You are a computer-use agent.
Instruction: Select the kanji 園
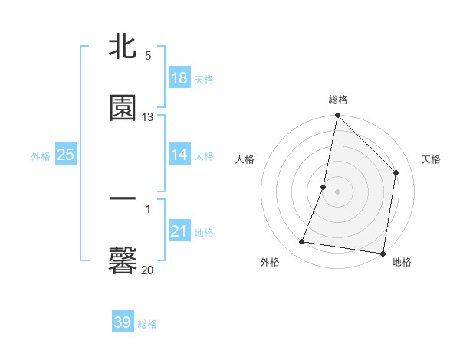123,107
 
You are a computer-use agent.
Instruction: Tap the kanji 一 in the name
123,199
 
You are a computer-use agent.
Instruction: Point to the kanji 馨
123,260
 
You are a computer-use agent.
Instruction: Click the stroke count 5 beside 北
148,56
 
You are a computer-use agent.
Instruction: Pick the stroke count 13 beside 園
148,116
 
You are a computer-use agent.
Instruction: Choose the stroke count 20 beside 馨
147,270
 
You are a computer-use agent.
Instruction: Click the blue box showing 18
179,78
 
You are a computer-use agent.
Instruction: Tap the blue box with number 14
179,154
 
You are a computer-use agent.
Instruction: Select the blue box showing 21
179,231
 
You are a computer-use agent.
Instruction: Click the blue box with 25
66,155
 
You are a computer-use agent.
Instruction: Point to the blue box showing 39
123,322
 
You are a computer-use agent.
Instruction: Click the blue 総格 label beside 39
147,324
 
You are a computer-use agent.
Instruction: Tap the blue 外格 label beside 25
41,156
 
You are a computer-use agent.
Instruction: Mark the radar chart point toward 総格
337,116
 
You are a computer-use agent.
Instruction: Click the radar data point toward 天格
396,172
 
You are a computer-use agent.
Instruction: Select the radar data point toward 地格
383,253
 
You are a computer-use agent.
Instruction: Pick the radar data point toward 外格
302,242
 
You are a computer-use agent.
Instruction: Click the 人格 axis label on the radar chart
245,159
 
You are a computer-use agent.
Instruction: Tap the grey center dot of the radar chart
337,191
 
